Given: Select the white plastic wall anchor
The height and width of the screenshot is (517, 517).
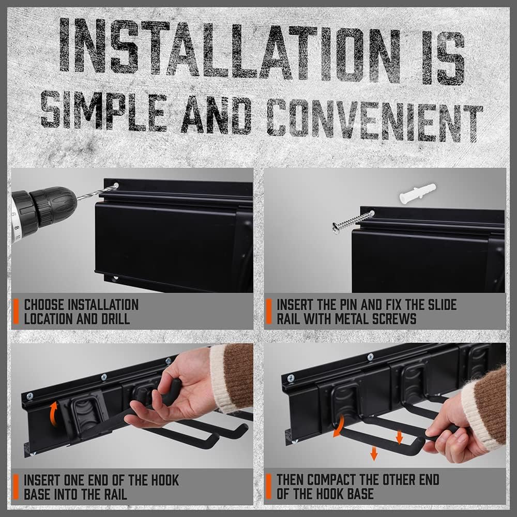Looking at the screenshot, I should (417, 193).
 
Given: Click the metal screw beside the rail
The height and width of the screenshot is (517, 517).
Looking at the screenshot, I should (353, 221).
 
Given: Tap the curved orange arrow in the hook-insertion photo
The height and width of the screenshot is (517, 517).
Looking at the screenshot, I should (53, 413).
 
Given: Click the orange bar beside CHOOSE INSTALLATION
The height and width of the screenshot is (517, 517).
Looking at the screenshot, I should (16, 311).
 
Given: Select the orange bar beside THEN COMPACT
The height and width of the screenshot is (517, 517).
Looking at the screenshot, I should (268, 486).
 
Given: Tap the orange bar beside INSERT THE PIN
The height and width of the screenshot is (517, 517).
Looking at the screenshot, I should (268, 311).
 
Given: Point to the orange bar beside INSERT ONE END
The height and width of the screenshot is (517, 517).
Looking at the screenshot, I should (16, 486).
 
